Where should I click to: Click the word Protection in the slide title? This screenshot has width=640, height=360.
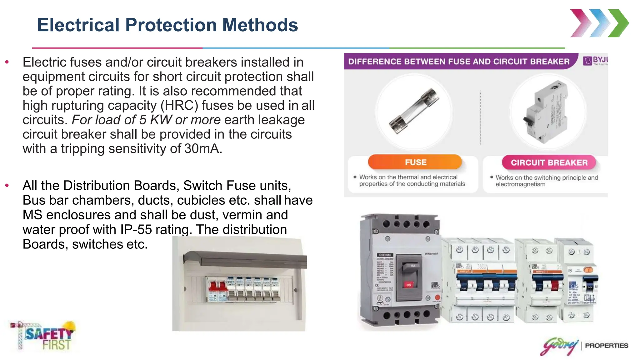click(171, 25)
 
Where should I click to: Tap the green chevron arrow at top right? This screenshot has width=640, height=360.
click(618, 23)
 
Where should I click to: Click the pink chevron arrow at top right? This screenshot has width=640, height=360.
click(581, 23)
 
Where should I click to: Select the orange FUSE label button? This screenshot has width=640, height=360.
click(415, 162)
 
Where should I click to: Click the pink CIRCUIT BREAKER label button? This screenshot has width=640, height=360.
click(549, 162)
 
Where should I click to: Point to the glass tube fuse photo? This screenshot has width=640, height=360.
click(414, 111)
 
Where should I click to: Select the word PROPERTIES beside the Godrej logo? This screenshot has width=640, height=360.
click(606, 346)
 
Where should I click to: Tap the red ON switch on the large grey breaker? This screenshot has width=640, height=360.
click(408, 284)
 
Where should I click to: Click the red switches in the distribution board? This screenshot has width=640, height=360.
click(218, 287)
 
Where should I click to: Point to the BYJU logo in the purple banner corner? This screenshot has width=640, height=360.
click(595, 60)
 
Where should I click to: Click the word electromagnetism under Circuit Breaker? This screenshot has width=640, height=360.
click(520, 184)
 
